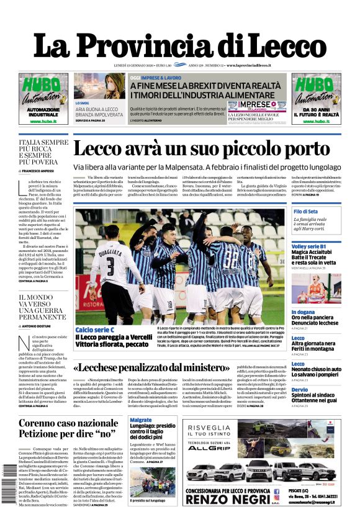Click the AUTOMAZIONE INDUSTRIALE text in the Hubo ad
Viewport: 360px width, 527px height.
pyautogui.click(x=43, y=112)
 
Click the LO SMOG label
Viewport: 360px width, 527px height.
pyautogui.click(x=83, y=103)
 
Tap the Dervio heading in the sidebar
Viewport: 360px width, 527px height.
pyautogui.click(x=299, y=390)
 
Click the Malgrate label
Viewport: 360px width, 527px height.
pyautogui.click(x=141, y=420)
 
